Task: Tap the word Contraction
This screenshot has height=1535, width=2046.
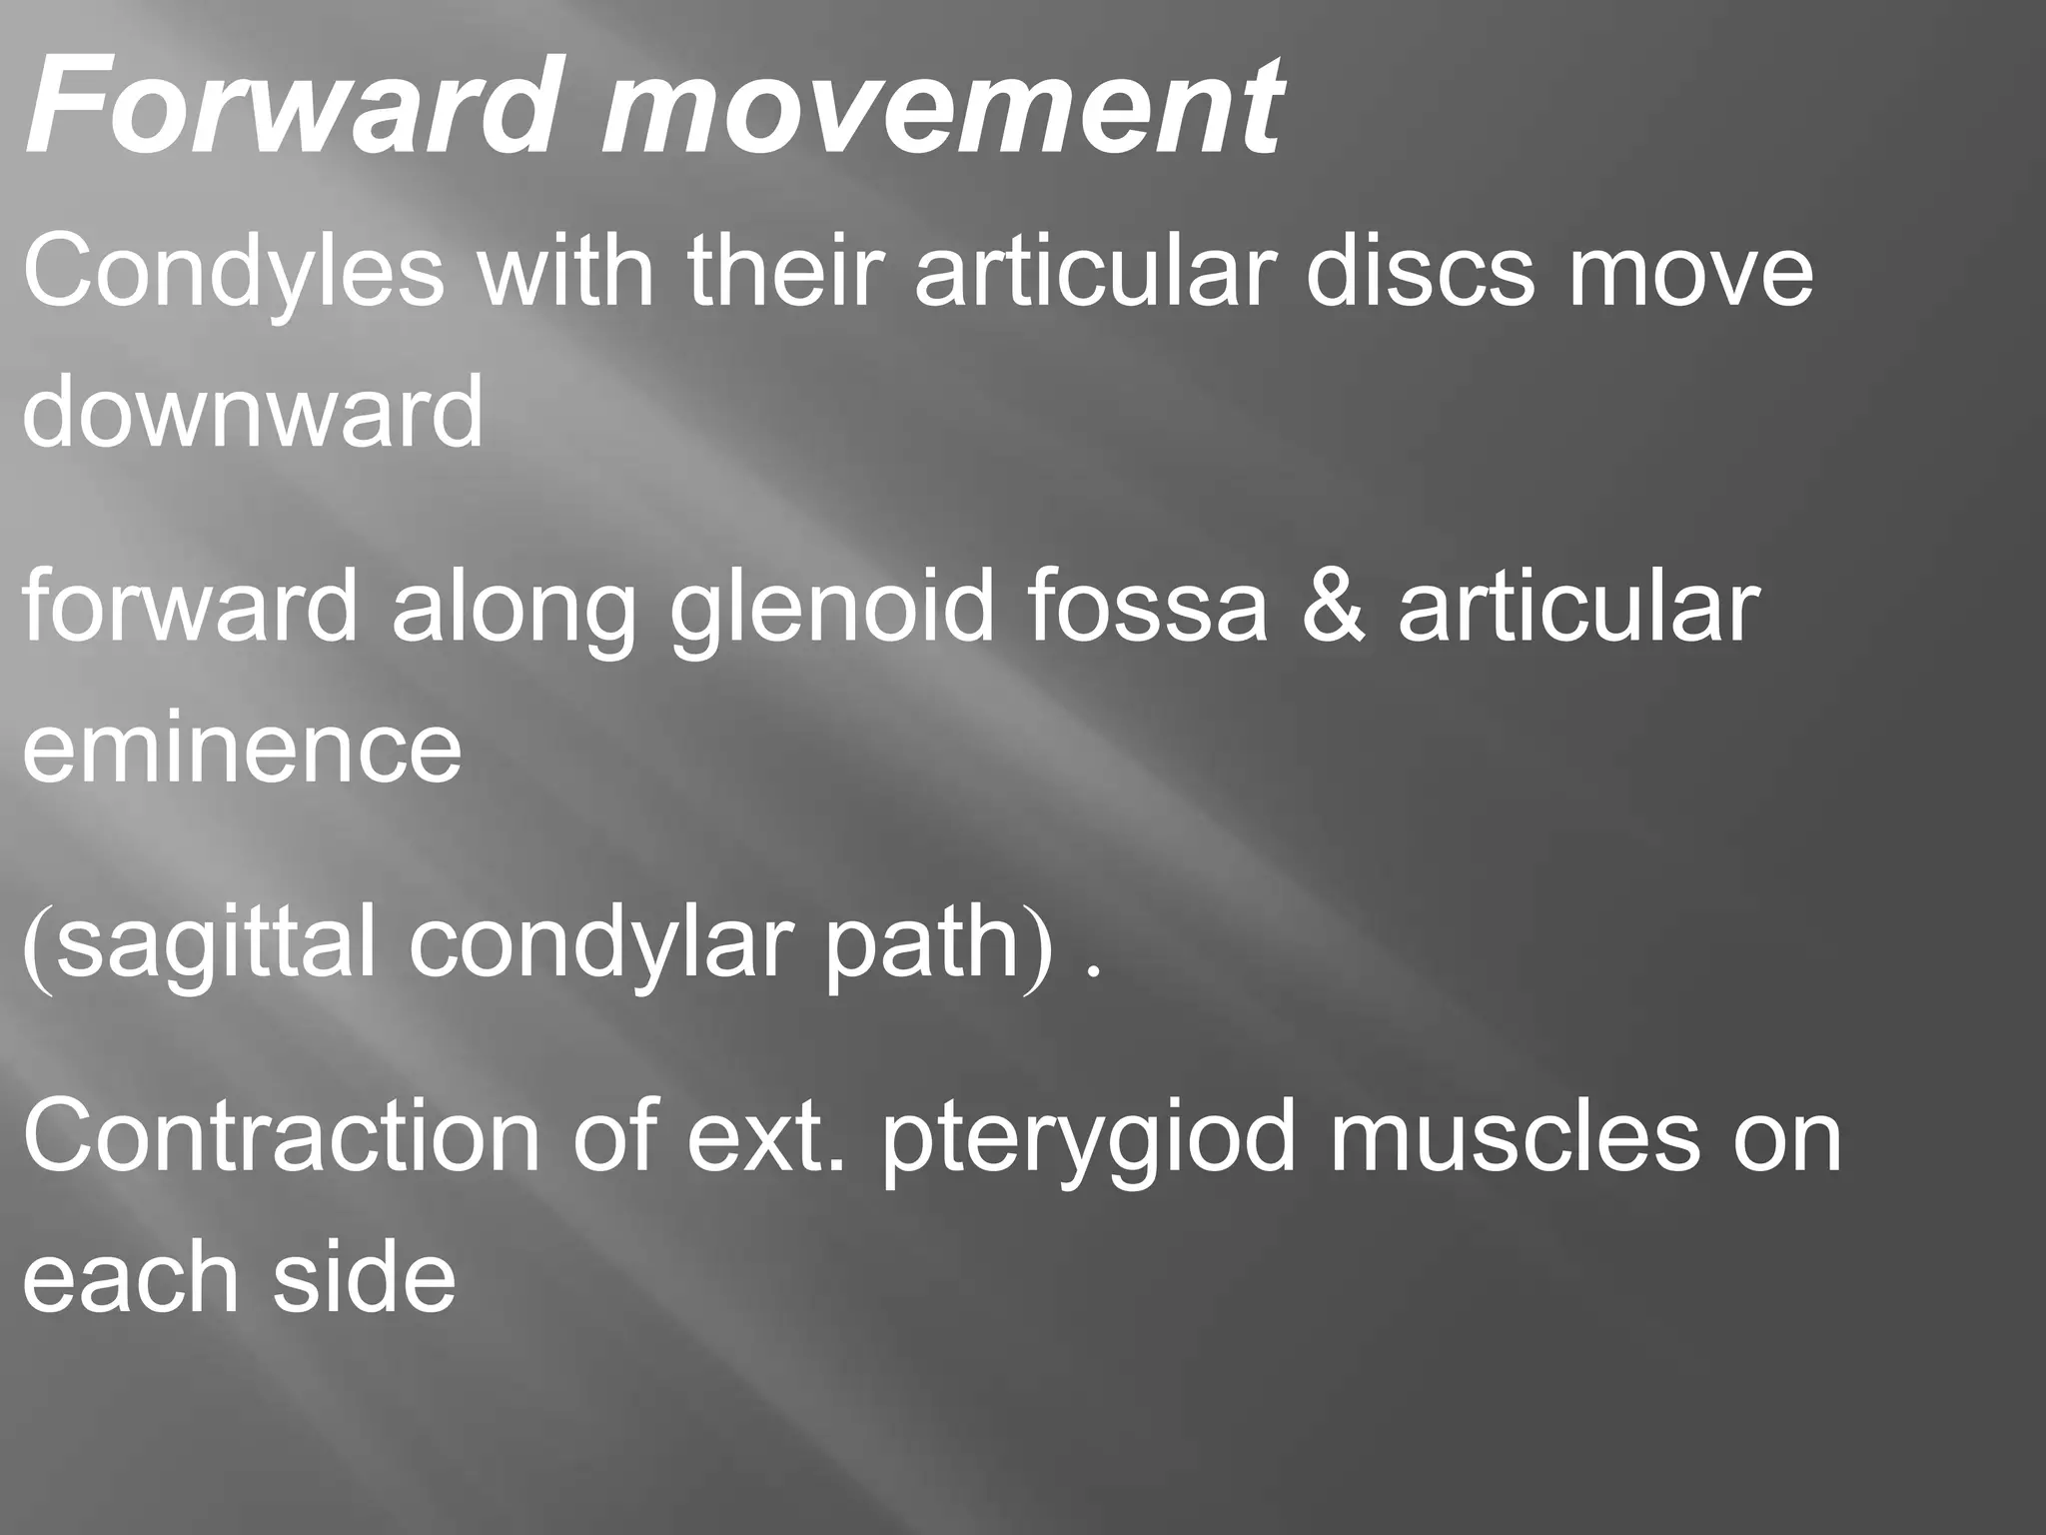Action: click(x=281, y=1136)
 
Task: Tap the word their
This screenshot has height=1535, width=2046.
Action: click(x=782, y=272)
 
